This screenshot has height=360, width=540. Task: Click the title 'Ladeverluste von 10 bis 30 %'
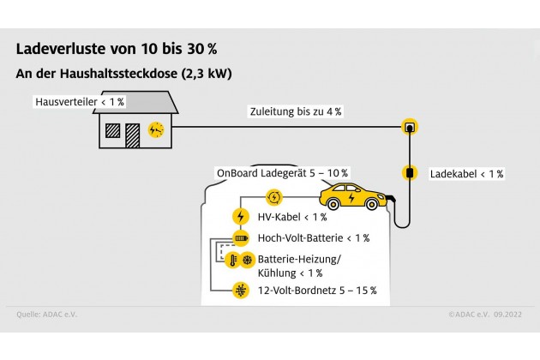point(116,48)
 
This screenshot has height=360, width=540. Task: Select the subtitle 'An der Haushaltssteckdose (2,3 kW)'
point(124,74)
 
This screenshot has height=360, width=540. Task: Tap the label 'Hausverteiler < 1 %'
point(79,102)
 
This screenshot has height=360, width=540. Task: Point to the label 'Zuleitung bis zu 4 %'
point(296,112)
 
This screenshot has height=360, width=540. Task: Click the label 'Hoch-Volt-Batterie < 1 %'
point(314,237)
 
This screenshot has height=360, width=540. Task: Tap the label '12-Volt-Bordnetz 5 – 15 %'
point(317,291)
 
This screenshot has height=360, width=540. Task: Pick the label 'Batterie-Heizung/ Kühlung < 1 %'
point(305,265)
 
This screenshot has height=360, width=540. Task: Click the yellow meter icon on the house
point(156,129)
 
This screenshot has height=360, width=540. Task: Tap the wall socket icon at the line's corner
point(410,129)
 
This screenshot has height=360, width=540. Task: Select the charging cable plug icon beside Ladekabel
point(410,173)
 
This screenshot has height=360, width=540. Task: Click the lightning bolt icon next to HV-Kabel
point(241,217)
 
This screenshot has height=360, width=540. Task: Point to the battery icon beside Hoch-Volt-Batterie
point(241,237)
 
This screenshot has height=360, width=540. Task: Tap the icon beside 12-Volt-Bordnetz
point(241,291)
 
